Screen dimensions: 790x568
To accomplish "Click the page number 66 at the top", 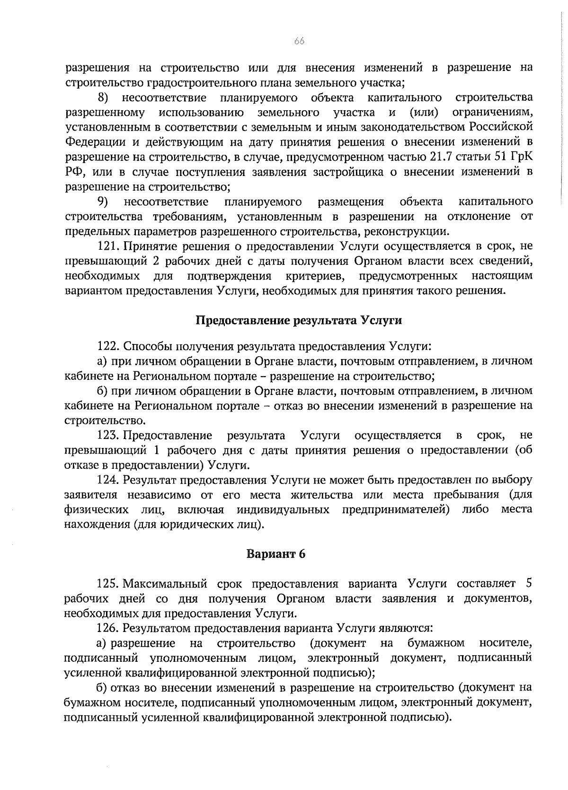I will [x=299, y=41].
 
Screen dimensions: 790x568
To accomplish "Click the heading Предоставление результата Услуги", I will [x=299, y=320].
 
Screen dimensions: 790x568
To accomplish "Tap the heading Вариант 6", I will [x=276, y=554].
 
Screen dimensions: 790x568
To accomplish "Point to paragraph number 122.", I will [x=106, y=346].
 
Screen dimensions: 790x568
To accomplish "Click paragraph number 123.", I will [x=106, y=435].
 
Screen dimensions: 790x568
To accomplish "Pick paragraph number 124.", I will [x=106, y=480].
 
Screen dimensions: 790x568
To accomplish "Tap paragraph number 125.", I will [x=106, y=584].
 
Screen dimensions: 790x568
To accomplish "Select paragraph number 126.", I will [x=106, y=628].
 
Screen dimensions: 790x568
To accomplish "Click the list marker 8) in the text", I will [x=103, y=98].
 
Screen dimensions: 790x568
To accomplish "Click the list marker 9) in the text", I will [x=103, y=202].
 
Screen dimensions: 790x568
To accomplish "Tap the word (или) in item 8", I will [x=423, y=113].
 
